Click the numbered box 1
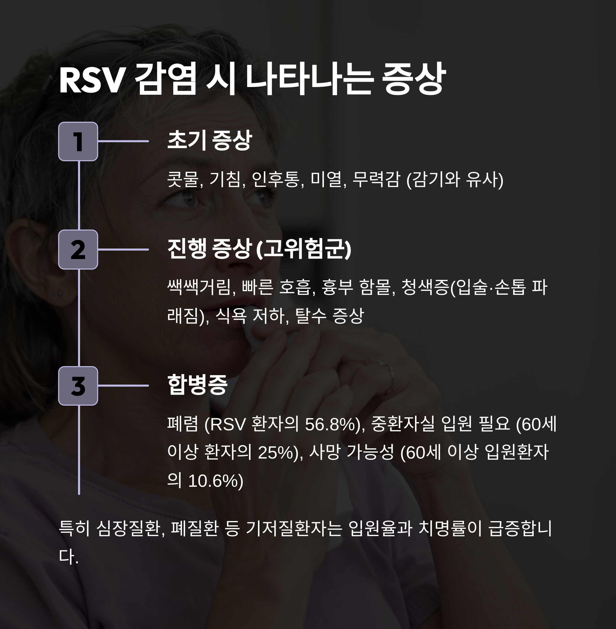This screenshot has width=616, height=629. (x=78, y=141)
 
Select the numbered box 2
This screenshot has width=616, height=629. (x=78, y=250)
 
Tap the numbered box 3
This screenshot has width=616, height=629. (x=78, y=386)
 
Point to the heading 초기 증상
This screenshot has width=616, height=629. (x=209, y=140)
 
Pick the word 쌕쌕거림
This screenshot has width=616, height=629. (x=201, y=287)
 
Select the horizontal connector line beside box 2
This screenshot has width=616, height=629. (x=123, y=250)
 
